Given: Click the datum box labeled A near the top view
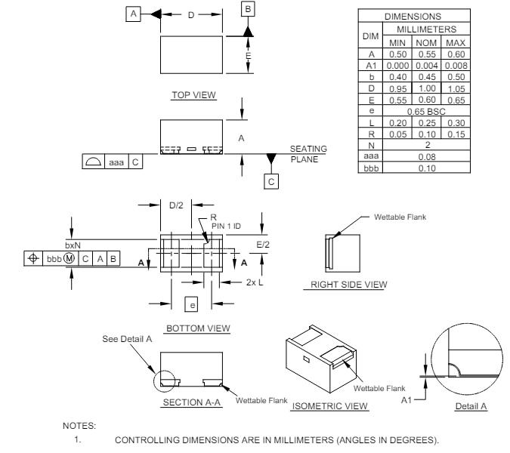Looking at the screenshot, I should (x=133, y=14).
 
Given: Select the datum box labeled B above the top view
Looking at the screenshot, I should (x=248, y=8).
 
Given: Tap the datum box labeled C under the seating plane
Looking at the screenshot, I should (x=271, y=181).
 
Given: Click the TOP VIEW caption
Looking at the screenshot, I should (x=193, y=95).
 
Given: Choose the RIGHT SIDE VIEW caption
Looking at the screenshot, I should (x=349, y=285).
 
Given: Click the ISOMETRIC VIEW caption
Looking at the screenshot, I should (x=330, y=406).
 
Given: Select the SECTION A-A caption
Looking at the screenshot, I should (x=192, y=402).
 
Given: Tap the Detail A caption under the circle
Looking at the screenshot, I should (x=471, y=406).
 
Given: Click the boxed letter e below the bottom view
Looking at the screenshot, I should (x=192, y=304).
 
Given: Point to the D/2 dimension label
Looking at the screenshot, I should (x=176, y=205).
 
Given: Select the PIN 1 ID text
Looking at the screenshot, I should (x=226, y=226).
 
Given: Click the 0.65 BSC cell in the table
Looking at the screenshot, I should (x=427, y=111).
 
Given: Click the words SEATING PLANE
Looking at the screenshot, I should (x=308, y=154).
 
